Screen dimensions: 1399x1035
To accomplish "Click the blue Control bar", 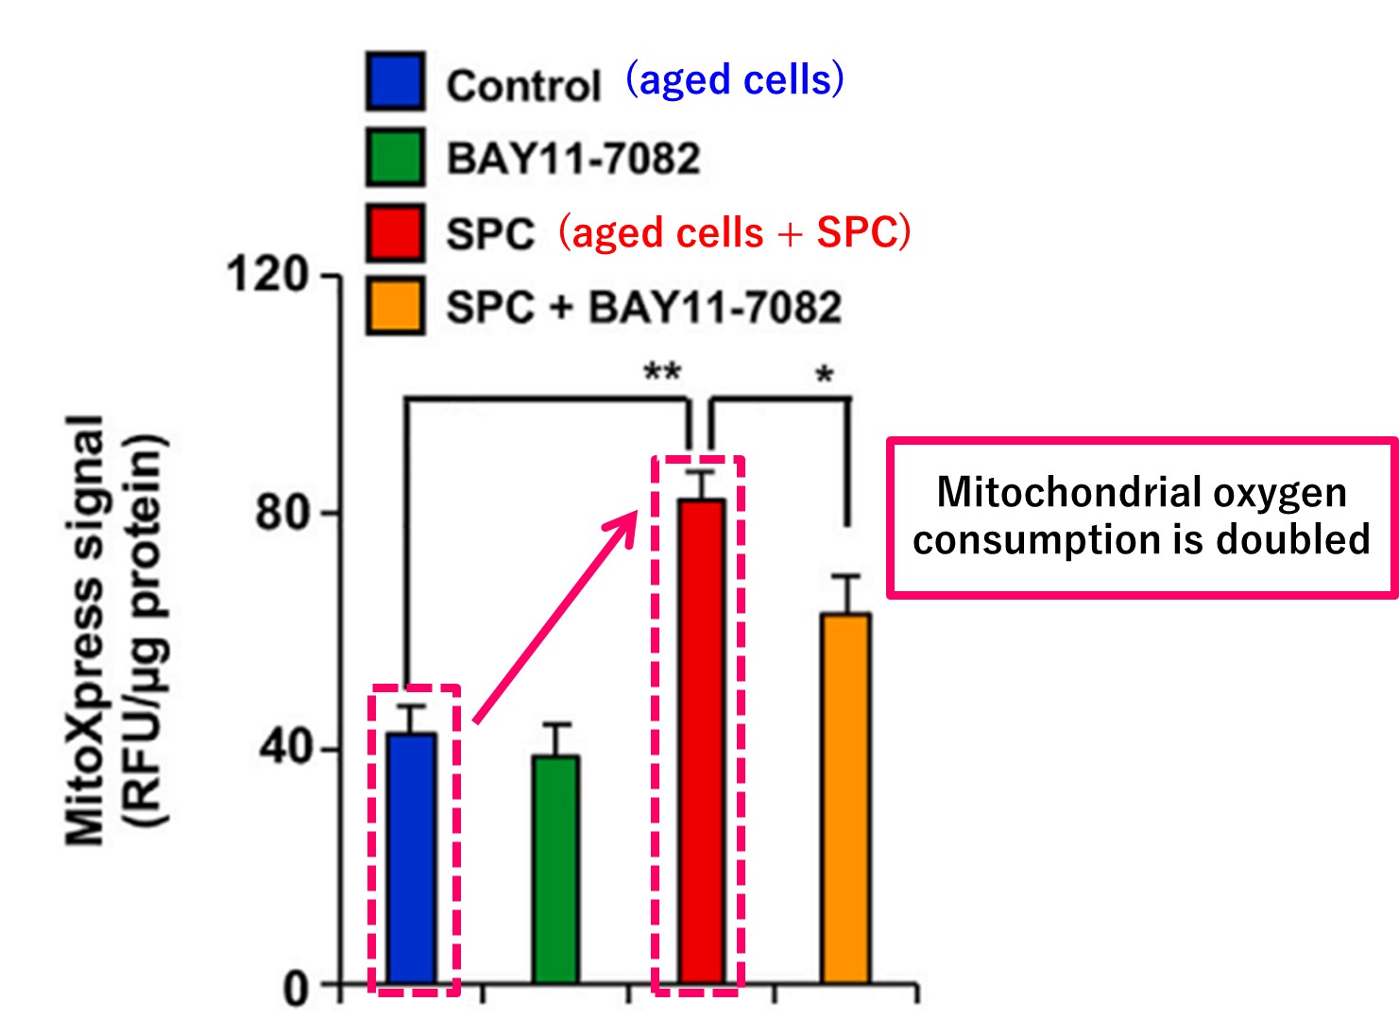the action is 412,857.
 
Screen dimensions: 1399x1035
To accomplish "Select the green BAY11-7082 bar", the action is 555,869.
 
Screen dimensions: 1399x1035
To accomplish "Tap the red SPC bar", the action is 702,741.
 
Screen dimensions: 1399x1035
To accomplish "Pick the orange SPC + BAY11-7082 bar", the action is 846,798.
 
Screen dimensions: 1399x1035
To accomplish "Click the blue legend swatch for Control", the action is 396,81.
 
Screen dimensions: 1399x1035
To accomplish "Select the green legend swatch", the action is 396,157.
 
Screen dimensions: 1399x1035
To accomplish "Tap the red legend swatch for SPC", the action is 396,232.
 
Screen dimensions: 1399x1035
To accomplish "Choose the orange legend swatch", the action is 396,306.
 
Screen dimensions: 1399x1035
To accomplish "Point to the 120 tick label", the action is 267,275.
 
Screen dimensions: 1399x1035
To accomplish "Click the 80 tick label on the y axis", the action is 282,512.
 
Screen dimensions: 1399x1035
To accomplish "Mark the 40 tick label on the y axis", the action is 283,749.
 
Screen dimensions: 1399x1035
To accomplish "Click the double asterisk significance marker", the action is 662,371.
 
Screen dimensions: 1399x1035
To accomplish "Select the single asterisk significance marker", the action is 825,375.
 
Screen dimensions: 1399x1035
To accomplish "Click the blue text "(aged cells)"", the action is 735,80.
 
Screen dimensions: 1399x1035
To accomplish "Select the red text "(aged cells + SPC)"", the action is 735,232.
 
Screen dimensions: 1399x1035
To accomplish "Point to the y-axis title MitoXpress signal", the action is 84,630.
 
